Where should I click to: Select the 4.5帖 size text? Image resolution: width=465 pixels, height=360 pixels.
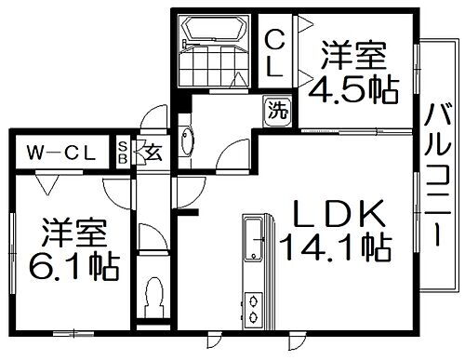coord(355,90)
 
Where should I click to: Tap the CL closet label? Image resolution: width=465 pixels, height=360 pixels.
coord(276,53)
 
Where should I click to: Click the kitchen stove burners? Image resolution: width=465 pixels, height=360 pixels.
coord(254,309)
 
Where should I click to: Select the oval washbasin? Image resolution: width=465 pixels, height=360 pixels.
coord(185,141)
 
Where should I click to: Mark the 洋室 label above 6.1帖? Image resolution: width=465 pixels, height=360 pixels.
coord(72,232)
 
